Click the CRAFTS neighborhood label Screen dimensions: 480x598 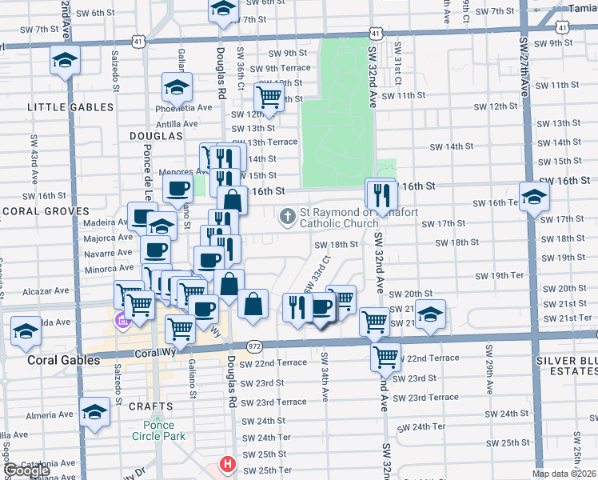point(146,406)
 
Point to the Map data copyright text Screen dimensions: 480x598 point(563,474)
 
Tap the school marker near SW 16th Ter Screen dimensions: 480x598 point(534,197)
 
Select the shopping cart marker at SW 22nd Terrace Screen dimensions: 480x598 point(386,356)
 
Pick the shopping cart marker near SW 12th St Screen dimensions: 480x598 point(269,98)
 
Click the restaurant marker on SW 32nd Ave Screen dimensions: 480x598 point(381,193)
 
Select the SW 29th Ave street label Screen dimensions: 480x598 point(488,370)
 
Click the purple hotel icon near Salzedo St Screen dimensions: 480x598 point(122,322)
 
